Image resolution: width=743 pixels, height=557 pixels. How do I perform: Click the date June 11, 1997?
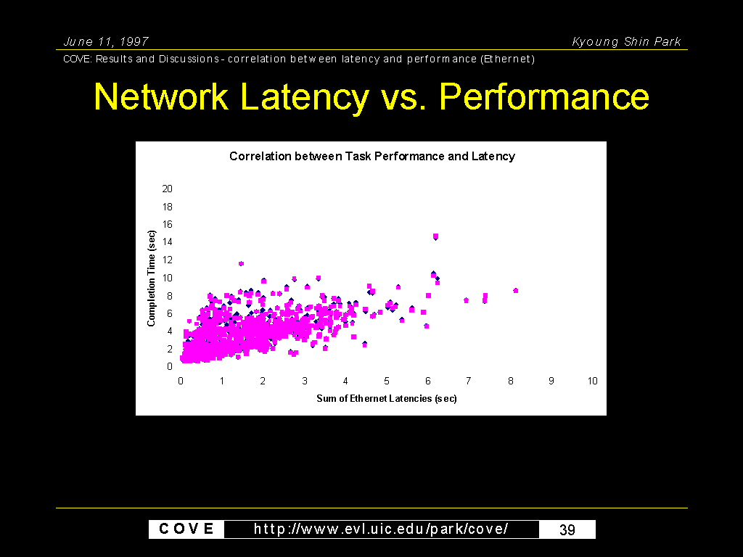coord(106,41)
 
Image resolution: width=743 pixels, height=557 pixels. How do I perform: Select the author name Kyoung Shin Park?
coord(626,41)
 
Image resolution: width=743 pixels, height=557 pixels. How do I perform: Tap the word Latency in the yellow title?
coord(305,97)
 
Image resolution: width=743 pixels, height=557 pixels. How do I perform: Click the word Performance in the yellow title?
coord(544,96)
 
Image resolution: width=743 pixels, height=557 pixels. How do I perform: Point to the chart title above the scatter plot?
coord(372,157)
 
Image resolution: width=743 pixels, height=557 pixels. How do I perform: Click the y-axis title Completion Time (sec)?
coord(151,278)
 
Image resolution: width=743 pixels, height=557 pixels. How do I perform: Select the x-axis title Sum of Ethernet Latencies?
coord(387,398)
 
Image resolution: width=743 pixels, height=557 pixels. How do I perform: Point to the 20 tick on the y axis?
coord(168,189)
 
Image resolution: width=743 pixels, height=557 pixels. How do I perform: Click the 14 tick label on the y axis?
coord(168,242)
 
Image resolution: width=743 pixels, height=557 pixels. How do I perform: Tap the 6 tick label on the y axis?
coord(169,313)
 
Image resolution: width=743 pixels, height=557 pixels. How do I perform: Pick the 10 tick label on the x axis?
coord(592,381)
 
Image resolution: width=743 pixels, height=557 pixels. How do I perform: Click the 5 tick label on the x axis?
coord(387,381)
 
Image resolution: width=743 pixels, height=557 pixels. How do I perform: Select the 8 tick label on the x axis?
coord(510,381)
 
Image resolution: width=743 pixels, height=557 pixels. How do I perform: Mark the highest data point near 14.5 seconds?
coord(435,236)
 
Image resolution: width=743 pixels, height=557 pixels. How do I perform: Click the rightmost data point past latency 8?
coord(516,290)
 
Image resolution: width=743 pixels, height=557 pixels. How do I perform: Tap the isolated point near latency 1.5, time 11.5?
coord(241,263)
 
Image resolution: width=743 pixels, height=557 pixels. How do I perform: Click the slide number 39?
coord(567,529)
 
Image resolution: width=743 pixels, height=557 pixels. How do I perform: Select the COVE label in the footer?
coord(186,529)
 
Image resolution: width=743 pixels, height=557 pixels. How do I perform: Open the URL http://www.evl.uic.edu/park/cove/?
coord(381,529)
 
